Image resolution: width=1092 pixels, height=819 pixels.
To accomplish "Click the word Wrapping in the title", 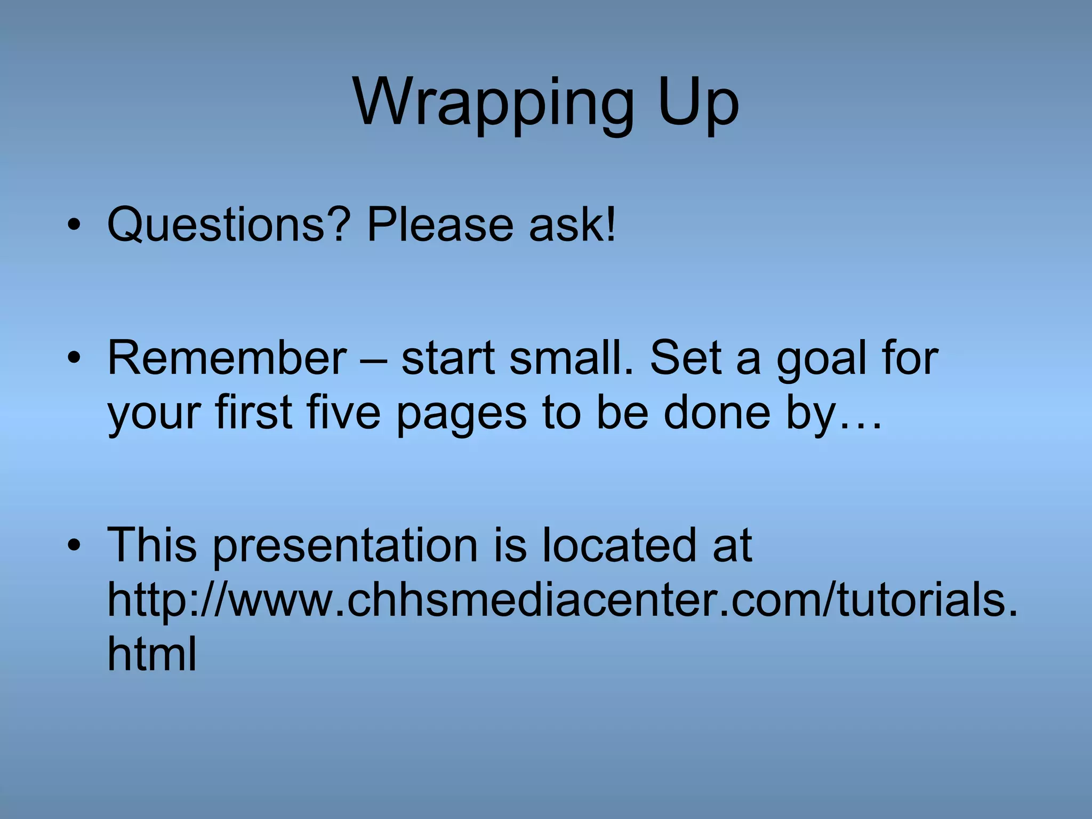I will pyautogui.click(x=493, y=104).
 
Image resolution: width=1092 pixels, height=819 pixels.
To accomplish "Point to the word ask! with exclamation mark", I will pyautogui.click(x=573, y=224).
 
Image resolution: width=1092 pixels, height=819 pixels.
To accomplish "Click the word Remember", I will pyautogui.click(x=227, y=358).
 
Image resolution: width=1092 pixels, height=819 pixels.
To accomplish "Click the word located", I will pyautogui.click(x=619, y=545).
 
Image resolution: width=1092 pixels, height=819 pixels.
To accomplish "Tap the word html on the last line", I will pyautogui.click(x=152, y=653).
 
